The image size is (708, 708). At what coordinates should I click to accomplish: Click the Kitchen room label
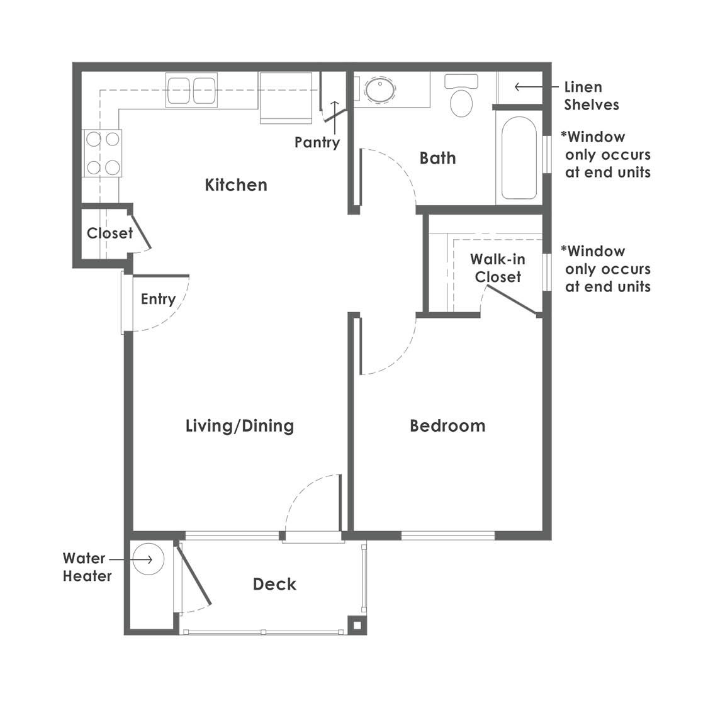pyautogui.click(x=236, y=185)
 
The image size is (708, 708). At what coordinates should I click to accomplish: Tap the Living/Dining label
pyautogui.click(x=240, y=426)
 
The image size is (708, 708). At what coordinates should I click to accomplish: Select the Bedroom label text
pyautogui.click(x=447, y=426)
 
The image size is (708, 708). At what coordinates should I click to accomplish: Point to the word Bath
pyautogui.click(x=437, y=158)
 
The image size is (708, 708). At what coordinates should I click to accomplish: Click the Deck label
pyautogui.click(x=274, y=584)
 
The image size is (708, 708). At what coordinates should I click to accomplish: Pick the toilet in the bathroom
pyautogui.click(x=461, y=96)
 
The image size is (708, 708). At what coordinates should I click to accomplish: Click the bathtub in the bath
pyautogui.click(x=519, y=157)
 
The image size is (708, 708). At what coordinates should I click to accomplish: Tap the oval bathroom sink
pyautogui.click(x=379, y=89)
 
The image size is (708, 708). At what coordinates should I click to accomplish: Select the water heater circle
pyautogui.click(x=149, y=559)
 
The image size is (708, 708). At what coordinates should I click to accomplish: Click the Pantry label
pyautogui.click(x=317, y=143)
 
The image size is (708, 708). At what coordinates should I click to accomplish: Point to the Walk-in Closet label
pyautogui.click(x=498, y=267)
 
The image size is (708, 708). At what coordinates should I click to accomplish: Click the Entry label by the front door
pyautogui.click(x=158, y=299)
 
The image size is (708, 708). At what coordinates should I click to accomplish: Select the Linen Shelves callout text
pyautogui.click(x=591, y=96)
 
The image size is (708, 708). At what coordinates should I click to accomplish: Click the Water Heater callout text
pyautogui.click(x=87, y=567)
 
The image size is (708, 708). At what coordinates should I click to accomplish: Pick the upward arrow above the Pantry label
pyautogui.click(x=335, y=111)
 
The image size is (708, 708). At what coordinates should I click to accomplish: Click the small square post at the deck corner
pyautogui.click(x=357, y=626)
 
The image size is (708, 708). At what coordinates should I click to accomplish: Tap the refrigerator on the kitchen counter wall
pyautogui.click(x=286, y=98)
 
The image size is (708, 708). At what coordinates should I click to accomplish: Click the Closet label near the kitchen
pyautogui.click(x=110, y=233)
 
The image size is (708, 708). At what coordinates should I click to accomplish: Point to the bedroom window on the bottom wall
pyautogui.click(x=448, y=536)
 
